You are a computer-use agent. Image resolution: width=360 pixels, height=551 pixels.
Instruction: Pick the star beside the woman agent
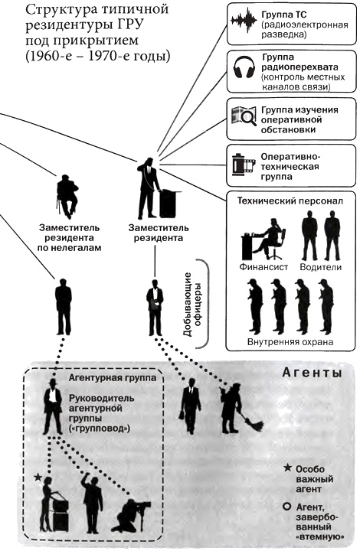point(37,478)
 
